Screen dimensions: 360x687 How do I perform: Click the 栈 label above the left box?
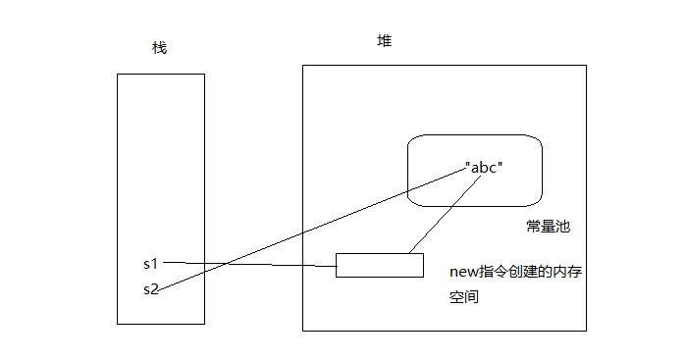pyautogui.click(x=160, y=48)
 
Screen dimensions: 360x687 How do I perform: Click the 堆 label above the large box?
pyautogui.click(x=385, y=41)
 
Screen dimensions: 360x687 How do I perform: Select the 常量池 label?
pyautogui.click(x=548, y=227)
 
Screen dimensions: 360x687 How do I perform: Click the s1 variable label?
pyautogui.click(x=150, y=263)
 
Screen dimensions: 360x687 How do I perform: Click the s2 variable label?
pyautogui.click(x=150, y=288)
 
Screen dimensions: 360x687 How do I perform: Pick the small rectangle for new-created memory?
pyautogui.click(x=379, y=265)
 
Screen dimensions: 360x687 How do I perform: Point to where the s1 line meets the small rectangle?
pyautogui.click(x=336, y=266)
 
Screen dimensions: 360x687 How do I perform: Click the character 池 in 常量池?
pyautogui.click(x=563, y=227)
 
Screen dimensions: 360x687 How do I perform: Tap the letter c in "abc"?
pyautogui.click(x=494, y=167)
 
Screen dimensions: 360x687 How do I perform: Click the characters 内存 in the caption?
pyautogui.click(x=567, y=272)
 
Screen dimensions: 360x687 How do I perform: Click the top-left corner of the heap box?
pyautogui.click(x=302, y=66)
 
